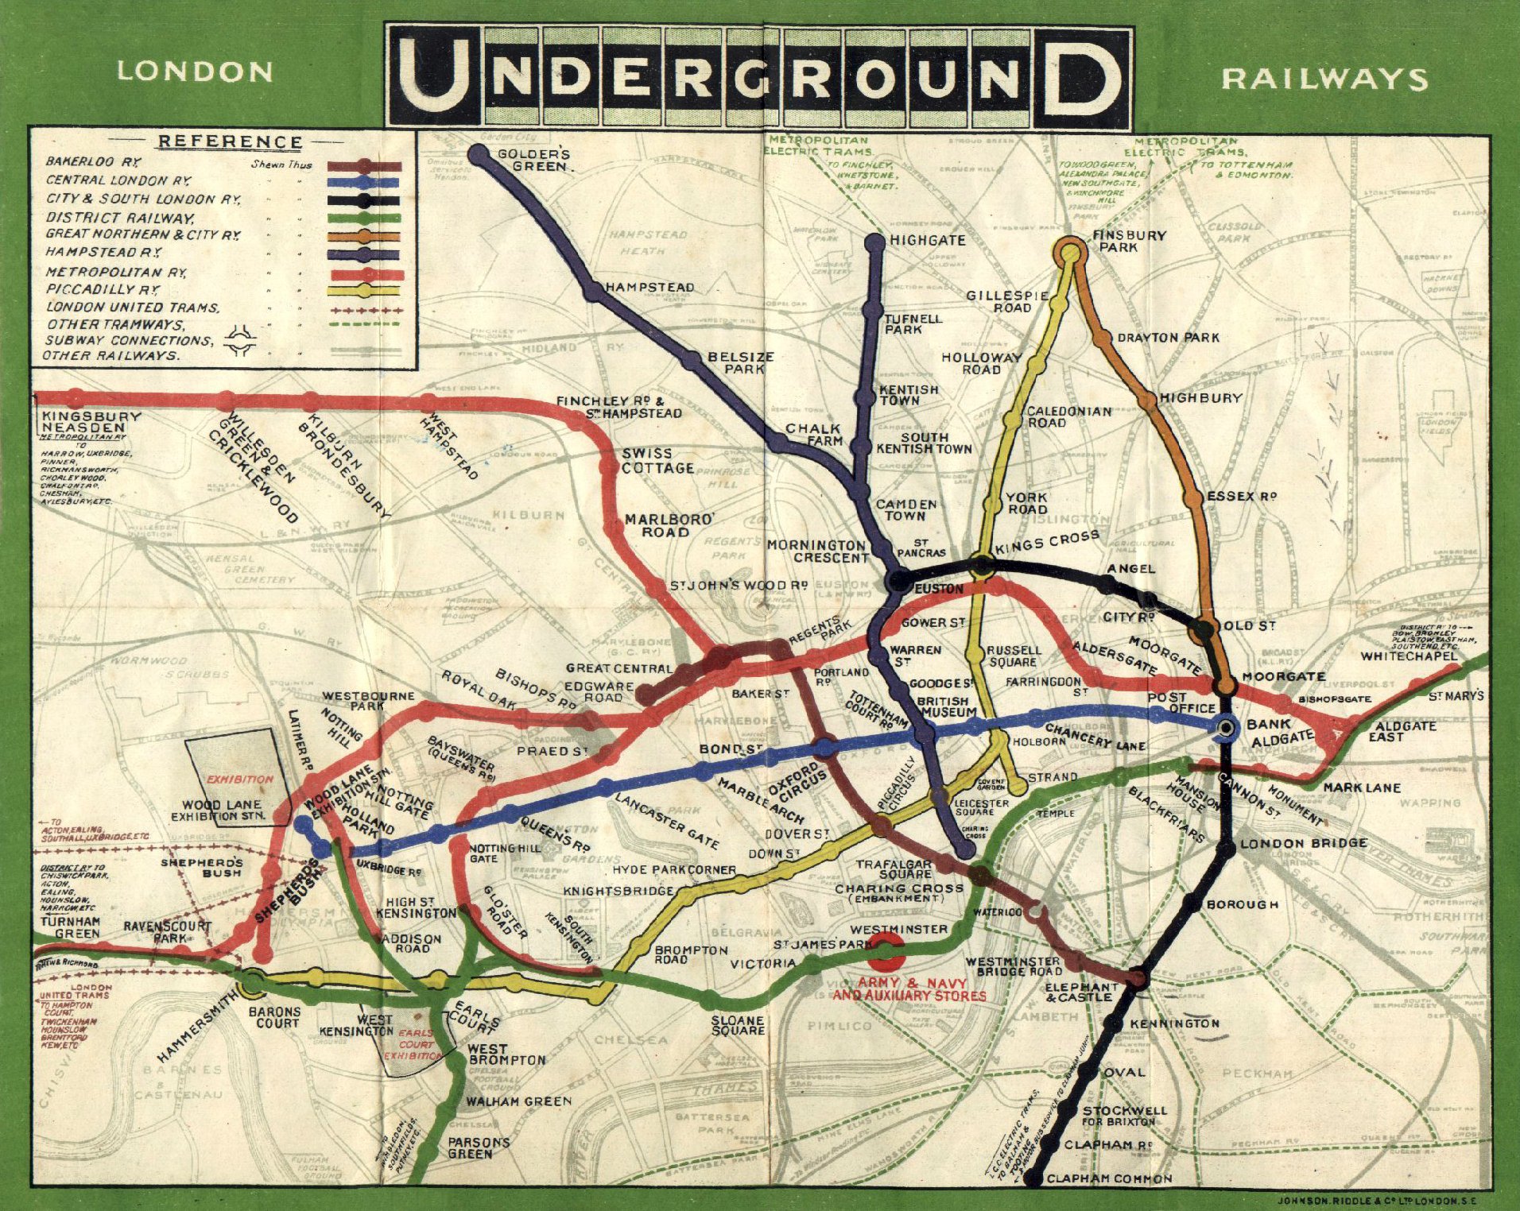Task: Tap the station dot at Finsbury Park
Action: click(1069, 253)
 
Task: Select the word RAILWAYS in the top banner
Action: click(1324, 79)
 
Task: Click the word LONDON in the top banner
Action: click(195, 72)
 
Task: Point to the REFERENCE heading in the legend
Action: click(230, 142)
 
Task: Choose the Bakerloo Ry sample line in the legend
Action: click(364, 167)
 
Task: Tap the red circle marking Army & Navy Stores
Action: click(886, 951)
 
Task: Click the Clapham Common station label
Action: click(1109, 1178)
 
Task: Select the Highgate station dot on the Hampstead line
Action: click(875, 242)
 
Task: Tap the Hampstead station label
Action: click(649, 287)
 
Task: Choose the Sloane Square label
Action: click(738, 1025)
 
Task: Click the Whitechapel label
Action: click(1409, 656)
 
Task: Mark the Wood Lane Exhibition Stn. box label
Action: click(222, 810)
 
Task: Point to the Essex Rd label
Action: click(1241, 496)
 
